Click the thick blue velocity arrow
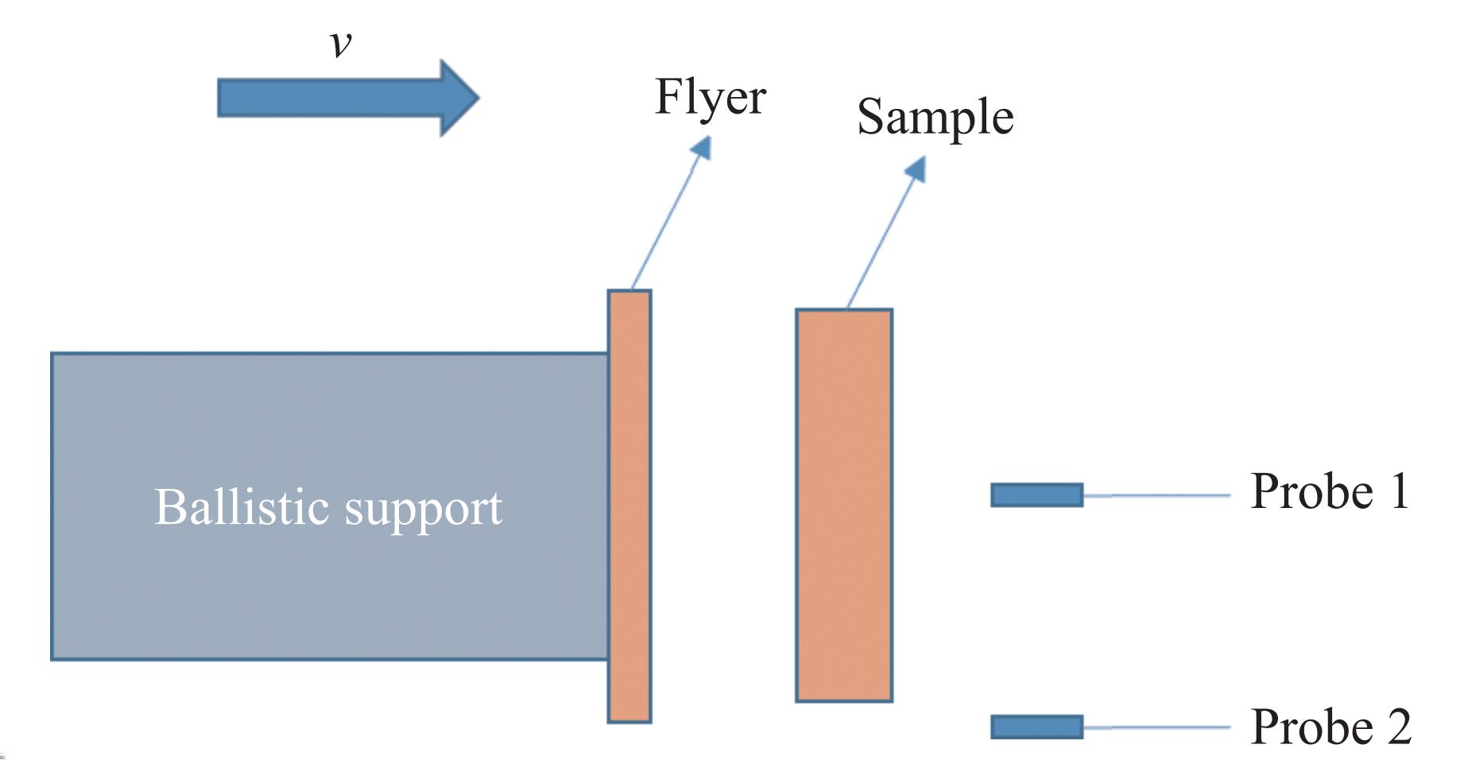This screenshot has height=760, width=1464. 334,98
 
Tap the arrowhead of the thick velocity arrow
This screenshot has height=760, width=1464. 459,98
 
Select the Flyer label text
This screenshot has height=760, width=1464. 710,97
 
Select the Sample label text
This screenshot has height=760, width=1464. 935,118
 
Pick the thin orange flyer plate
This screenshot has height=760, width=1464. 629,506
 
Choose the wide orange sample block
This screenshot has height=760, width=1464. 844,506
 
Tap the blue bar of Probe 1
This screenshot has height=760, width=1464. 1036,495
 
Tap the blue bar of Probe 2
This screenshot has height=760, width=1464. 1036,727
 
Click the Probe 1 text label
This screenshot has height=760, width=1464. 1329,491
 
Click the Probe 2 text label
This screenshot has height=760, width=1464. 1330,727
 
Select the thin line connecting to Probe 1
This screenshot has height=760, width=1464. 1157,495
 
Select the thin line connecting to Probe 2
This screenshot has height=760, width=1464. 1157,727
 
